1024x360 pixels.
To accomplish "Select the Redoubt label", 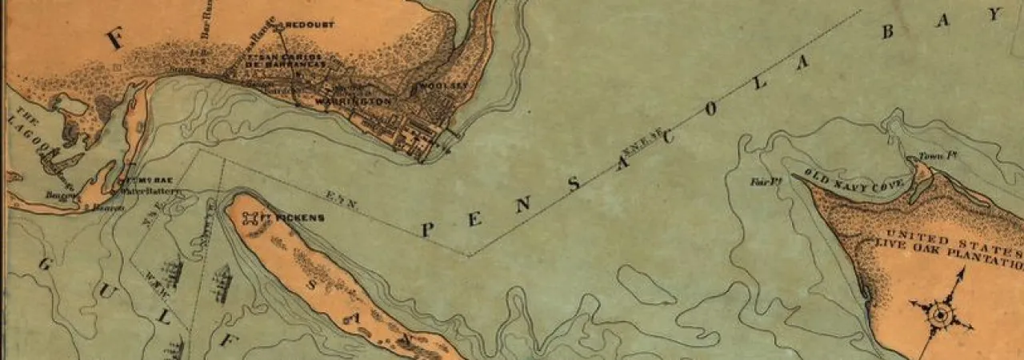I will pyautogui.click(x=309, y=25).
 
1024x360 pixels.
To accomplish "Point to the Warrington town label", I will pyautogui.click(x=353, y=102).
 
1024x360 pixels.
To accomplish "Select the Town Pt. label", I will pyautogui.click(x=931, y=156).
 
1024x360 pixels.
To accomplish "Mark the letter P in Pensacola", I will pyautogui.click(x=426, y=230).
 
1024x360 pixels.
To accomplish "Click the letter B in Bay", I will pyautogui.click(x=888, y=32).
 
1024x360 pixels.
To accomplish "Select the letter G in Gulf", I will pyautogui.click(x=44, y=265).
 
